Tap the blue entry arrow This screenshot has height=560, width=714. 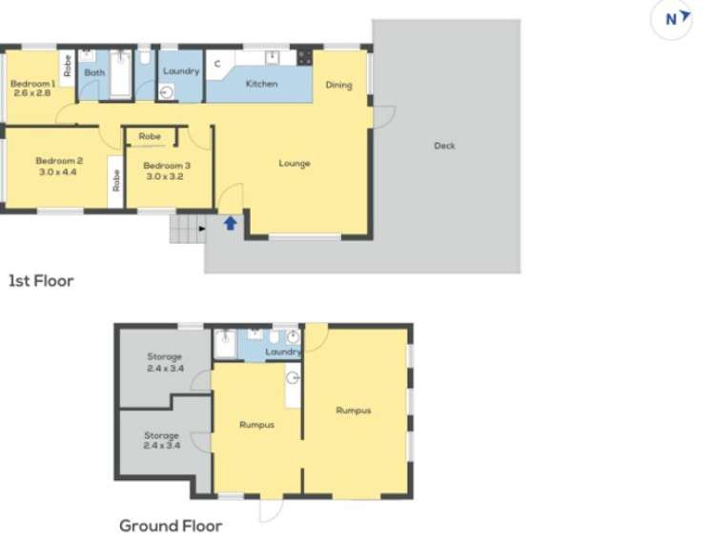pyautogui.click(x=230, y=224)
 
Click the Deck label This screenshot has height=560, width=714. pyautogui.click(x=444, y=146)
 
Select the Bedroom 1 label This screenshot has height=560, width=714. pyautogui.click(x=32, y=84)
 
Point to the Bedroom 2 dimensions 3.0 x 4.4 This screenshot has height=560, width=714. pyautogui.click(x=59, y=173)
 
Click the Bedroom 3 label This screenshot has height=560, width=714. pyautogui.click(x=167, y=166)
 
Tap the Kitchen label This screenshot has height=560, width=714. pyautogui.click(x=261, y=84)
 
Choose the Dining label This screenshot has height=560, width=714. pyautogui.click(x=338, y=85)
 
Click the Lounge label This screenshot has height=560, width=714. pyautogui.click(x=295, y=163)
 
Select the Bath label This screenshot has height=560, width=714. pyautogui.click(x=94, y=72)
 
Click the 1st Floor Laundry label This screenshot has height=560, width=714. pyautogui.click(x=181, y=71)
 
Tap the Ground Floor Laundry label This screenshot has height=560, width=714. pyautogui.click(x=283, y=351)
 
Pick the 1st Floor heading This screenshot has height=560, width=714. pyautogui.click(x=41, y=281)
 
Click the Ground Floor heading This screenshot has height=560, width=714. pyautogui.click(x=171, y=526)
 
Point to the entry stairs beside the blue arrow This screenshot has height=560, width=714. pyautogui.click(x=188, y=230)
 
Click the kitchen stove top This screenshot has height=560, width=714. pyautogui.click(x=305, y=57)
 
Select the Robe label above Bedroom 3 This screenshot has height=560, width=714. pyautogui.click(x=150, y=137)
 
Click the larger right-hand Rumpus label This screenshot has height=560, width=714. pyautogui.click(x=353, y=410)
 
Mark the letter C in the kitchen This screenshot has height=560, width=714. pyautogui.click(x=217, y=64)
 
